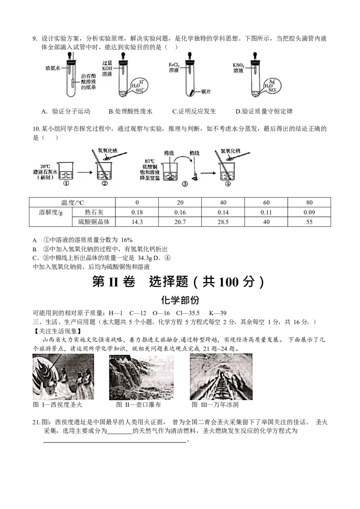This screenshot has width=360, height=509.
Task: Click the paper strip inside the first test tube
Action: tap(74, 83)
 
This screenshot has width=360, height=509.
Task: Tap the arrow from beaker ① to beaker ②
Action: tap(84, 171)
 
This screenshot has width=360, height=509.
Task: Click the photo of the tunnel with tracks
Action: tap(221, 377)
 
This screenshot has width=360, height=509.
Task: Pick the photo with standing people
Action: tap(63, 377)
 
